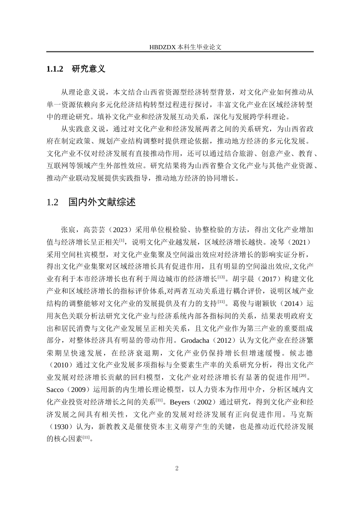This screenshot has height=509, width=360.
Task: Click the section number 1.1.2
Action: [x=54, y=69]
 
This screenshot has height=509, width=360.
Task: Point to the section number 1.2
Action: [x=52, y=202]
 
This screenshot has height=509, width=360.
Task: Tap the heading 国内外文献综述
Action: [x=102, y=202]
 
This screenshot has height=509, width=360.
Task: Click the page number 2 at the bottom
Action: [x=177, y=468]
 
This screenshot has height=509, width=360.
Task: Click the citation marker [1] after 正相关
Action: [x=122, y=240]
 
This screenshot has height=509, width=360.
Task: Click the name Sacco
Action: [x=55, y=389]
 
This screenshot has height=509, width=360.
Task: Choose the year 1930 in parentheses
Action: [x=62, y=426]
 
